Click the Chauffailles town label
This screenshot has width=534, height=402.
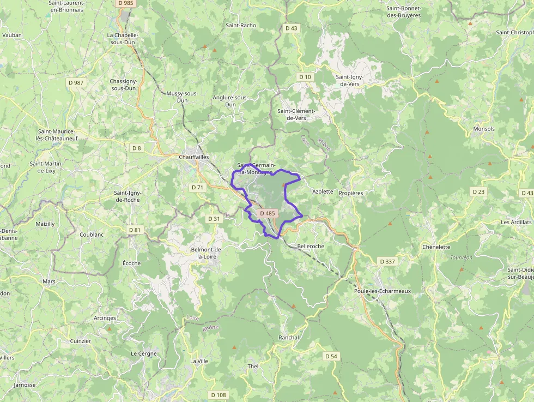[x=193, y=157]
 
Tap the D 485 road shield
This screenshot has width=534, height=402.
[x=268, y=213]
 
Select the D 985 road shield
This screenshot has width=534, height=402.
[x=125, y=3]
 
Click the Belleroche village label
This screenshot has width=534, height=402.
[x=311, y=247]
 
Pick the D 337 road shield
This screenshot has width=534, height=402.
[x=387, y=262]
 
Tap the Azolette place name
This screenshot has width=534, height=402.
[x=323, y=192]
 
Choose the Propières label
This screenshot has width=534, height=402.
[x=351, y=193]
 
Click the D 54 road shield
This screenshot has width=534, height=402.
[x=331, y=356]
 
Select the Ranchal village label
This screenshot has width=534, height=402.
[x=289, y=338]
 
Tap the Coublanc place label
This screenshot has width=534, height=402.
[x=91, y=235]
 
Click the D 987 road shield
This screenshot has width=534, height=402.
[x=76, y=82]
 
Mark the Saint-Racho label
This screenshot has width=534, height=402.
[x=241, y=25]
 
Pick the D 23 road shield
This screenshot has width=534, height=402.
[x=478, y=191]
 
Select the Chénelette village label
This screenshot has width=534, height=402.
[x=436, y=247]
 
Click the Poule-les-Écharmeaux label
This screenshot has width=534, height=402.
[x=382, y=291]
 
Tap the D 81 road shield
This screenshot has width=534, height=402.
[x=135, y=230]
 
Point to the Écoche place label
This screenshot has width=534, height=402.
[x=131, y=263]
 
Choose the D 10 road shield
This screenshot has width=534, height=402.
[x=305, y=77]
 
